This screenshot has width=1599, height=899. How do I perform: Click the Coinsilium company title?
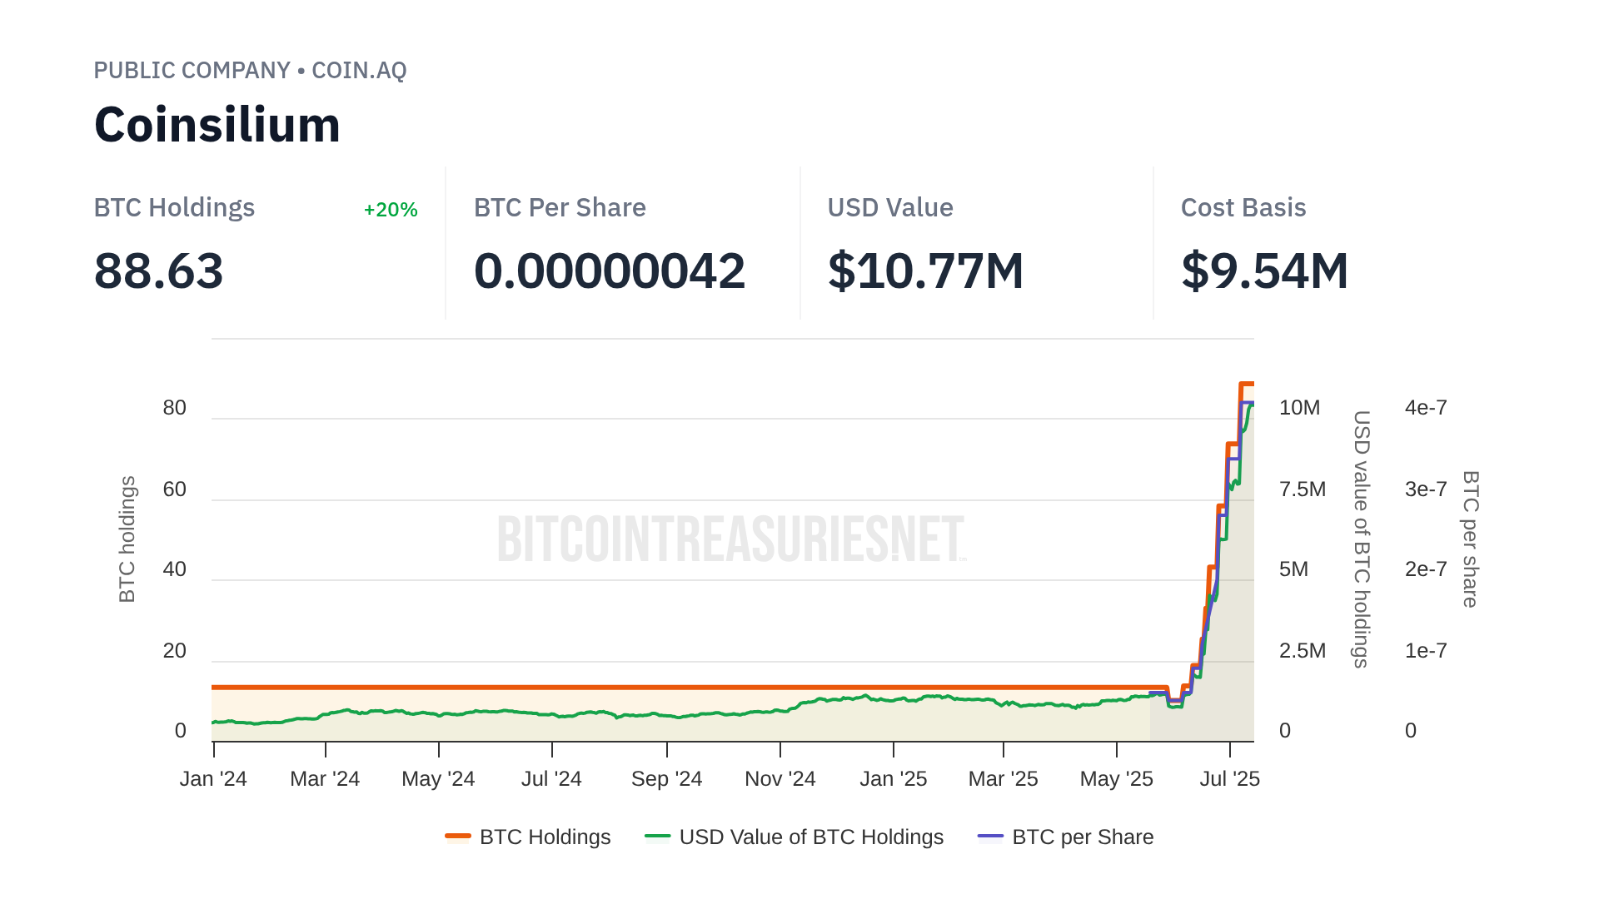(217, 125)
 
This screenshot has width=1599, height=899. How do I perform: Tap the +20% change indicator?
(391, 210)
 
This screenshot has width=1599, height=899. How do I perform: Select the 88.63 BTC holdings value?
(158, 271)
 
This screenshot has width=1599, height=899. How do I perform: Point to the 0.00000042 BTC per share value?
(609, 271)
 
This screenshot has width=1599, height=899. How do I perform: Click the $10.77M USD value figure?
(925, 271)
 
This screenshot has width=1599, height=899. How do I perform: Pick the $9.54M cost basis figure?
(1264, 271)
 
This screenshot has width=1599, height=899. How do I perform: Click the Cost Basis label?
(1243, 208)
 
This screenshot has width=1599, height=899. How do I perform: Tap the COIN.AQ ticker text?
(359, 71)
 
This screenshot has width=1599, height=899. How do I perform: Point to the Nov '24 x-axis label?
(780, 779)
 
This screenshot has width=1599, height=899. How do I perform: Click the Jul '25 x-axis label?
(1229, 779)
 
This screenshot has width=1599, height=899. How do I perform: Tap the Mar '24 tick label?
(325, 779)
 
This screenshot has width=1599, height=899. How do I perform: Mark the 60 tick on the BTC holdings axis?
(175, 489)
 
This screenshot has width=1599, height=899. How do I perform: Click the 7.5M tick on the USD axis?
(1302, 489)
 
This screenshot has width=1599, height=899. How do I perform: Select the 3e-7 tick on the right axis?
(1426, 489)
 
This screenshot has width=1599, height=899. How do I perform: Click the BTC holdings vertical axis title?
(127, 539)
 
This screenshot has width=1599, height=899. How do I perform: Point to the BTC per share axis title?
(1471, 539)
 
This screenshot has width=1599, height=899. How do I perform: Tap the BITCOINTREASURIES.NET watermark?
(731, 539)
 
